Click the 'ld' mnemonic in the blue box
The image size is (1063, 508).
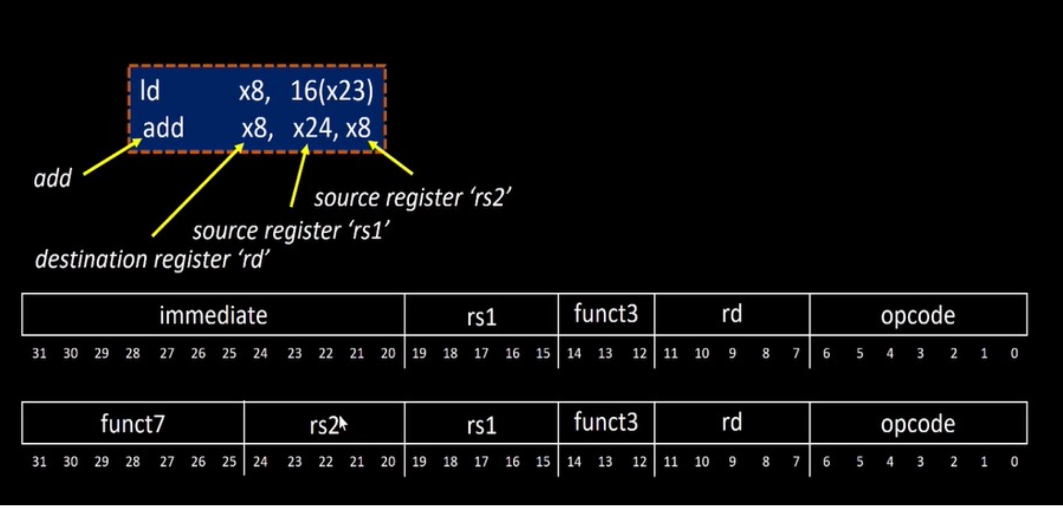150,91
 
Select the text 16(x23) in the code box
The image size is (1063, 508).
331,91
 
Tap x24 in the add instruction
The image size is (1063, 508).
312,128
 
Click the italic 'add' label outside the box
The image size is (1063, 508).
52,179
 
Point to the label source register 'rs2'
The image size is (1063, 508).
413,198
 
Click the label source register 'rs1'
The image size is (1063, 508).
291,231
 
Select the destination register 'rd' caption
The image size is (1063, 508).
152,259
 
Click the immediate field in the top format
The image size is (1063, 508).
213,315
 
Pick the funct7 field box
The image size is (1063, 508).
132,423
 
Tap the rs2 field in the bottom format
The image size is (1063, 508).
323,425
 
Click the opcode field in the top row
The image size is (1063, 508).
918,315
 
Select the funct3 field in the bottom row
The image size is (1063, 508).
606,422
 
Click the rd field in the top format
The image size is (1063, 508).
732,314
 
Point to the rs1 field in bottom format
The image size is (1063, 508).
481,425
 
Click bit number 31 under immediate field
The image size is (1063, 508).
39,354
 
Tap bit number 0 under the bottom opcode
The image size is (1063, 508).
1014,461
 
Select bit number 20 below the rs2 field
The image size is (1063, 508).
388,461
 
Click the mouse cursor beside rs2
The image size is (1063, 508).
343,424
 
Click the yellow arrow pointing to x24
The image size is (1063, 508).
299,177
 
